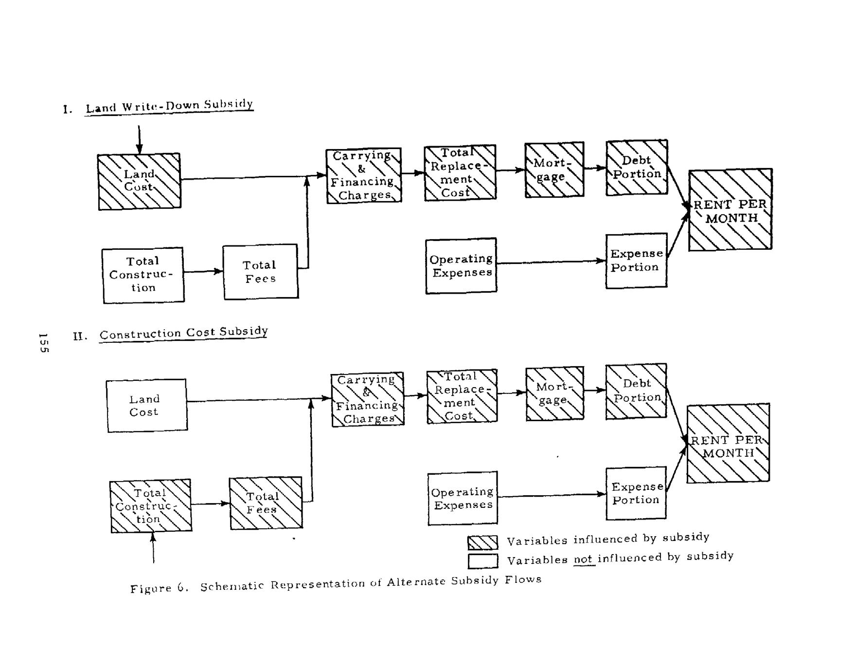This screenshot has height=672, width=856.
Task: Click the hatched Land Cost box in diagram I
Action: (x=139, y=181)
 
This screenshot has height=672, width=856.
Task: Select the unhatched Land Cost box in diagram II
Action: (x=146, y=406)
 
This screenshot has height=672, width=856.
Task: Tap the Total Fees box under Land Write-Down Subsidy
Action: (x=261, y=271)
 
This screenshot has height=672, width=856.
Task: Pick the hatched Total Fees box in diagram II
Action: (x=266, y=503)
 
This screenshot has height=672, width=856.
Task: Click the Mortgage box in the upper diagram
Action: (x=554, y=169)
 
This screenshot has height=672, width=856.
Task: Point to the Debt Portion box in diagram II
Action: (x=636, y=391)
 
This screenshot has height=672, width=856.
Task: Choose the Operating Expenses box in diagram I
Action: (x=461, y=265)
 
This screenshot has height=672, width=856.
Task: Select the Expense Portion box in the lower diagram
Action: (x=636, y=493)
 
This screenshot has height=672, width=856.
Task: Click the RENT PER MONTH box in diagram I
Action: (x=730, y=210)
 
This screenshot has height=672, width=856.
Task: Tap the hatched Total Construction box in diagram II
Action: (x=151, y=506)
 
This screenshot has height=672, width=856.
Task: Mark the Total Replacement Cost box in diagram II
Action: (x=462, y=396)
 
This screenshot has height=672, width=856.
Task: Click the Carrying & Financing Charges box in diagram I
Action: (x=364, y=175)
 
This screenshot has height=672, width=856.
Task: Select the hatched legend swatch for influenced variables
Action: (x=482, y=542)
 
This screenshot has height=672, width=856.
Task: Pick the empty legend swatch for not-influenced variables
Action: (x=482, y=561)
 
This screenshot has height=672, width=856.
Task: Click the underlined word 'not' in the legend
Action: (x=584, y=560)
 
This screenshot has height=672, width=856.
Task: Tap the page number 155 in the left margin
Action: (x=43, y=343)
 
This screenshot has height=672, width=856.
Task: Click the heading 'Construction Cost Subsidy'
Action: (x=183, y=333)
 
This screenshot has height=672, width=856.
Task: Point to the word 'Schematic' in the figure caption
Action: (x=232, y=586)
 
